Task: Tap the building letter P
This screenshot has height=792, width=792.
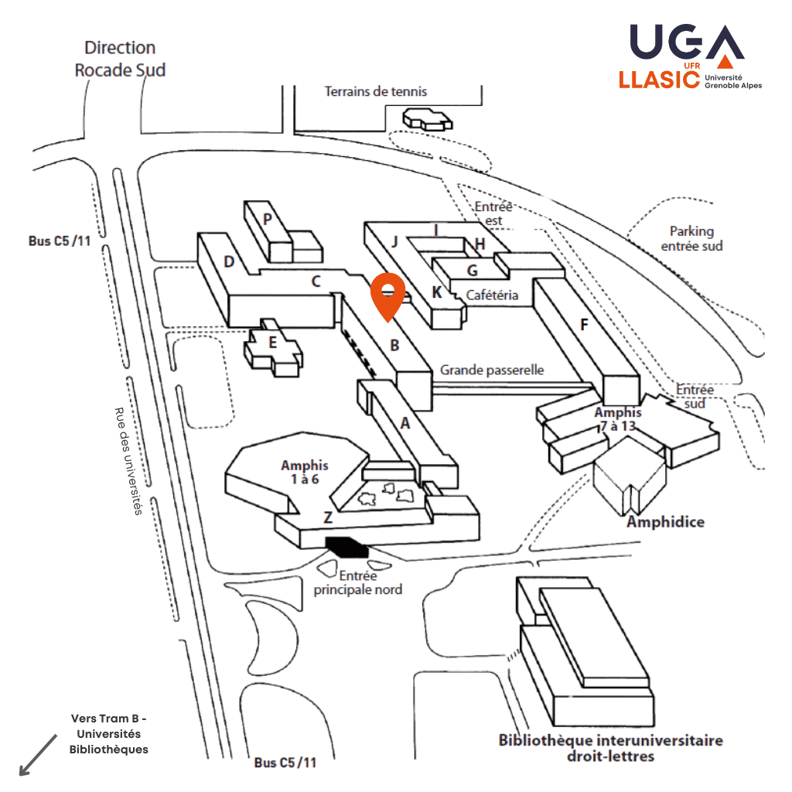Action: point(268,219)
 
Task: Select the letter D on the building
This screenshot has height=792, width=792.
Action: point(229,261)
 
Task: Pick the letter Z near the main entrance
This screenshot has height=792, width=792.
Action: point(328,517)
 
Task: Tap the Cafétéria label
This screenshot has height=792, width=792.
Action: point(492,295)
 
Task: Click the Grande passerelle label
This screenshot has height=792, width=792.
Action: point(492,370)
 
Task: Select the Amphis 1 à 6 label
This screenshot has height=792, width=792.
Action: point(304,472)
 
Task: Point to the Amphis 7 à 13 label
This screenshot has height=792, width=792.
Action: point(619,418)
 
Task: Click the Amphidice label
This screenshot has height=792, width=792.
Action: point(665,522)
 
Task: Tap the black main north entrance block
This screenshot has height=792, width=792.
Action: point(346,546)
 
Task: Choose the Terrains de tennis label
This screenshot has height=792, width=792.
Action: point(375,91)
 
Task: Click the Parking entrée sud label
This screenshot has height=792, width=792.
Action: point(691,238)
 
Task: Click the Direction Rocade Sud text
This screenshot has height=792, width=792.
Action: point(120,59)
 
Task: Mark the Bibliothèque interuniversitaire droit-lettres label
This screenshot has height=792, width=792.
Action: point(610,747)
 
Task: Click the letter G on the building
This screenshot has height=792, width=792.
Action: point(472,270)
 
